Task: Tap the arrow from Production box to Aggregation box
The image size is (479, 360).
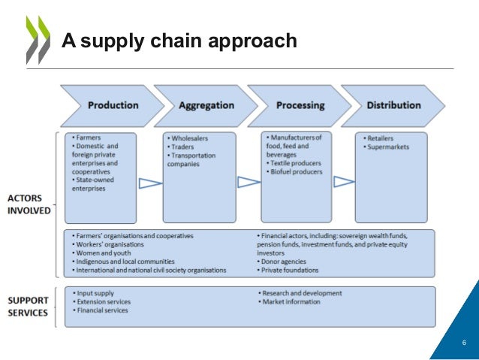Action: click(x=150, y=183)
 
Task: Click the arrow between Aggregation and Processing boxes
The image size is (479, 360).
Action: click(x=249, y=182)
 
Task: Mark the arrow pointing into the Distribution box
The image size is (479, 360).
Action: click(x=344, y=181)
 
